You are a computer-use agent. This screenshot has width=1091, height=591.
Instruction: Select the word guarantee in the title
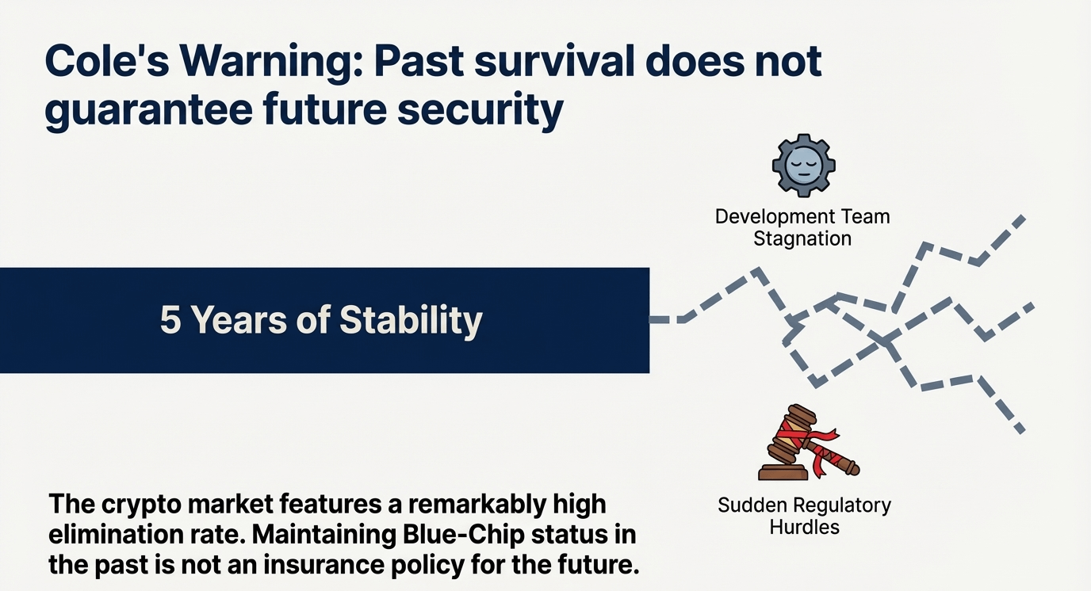point(148,110)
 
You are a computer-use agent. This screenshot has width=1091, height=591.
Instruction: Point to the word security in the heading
point(480,110)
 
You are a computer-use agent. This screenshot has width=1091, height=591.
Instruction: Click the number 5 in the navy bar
point(169,320)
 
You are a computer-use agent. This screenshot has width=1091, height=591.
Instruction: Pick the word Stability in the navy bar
point(411,322)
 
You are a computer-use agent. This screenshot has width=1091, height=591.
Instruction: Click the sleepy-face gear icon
point(804,166)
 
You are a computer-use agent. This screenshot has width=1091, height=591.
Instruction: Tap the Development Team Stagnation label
point(802,227)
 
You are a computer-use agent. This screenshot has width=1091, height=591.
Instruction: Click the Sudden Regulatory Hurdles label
point(804,516)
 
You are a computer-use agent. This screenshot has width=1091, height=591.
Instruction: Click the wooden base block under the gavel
point(783,472)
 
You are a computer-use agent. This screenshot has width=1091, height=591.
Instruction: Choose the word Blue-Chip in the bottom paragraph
point(464,535)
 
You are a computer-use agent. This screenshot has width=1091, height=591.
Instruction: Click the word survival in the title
point(554,63)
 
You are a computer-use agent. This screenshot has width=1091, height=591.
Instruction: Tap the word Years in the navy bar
point(238,320)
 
